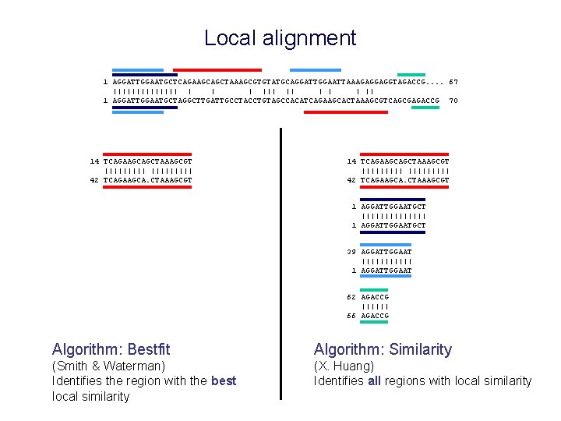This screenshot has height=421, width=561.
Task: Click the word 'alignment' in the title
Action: pos(310,38)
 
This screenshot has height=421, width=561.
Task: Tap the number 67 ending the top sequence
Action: pos(453,81)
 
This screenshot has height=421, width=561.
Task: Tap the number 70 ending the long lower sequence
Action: pos(453,101)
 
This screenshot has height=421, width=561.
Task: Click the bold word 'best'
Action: pos(224,380)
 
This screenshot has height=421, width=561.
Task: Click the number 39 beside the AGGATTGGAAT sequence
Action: pos(351,252)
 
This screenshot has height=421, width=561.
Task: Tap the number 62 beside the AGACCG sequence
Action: pos(351,297)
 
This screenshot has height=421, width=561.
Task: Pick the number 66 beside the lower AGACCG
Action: pos(351,316)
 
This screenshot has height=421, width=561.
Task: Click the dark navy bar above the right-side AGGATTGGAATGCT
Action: pos(393,200)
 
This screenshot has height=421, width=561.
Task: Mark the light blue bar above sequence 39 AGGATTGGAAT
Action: pos(386,245)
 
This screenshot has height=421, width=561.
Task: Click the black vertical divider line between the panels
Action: pos(280,265)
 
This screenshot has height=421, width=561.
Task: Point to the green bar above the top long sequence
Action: pos(411,74)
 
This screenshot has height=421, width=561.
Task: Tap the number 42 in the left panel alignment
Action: pos(94,180)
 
